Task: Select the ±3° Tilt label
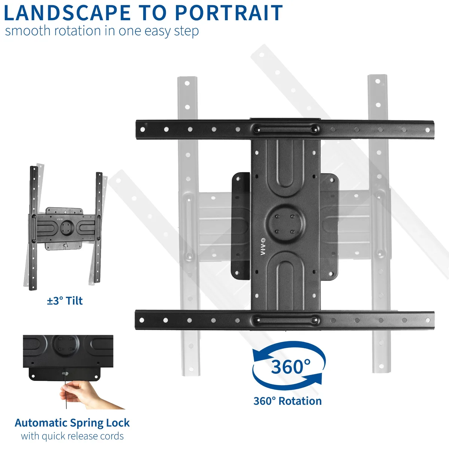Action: click(65, 301)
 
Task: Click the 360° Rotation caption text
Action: click(287, 401)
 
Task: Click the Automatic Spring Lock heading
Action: click(72, 423)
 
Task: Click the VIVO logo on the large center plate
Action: click(263, 246)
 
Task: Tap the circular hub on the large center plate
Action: click(285, 224)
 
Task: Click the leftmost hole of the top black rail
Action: click(143, 129)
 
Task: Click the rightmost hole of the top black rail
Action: click(428, 130)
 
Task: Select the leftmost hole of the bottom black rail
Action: click(142, 320)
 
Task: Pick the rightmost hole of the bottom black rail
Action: click(428, 320)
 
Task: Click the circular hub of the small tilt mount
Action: click(66, 227)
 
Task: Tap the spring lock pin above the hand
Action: click(65, 374)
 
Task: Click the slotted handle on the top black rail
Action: click(285, 129)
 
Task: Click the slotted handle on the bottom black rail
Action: click(285, 320)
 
